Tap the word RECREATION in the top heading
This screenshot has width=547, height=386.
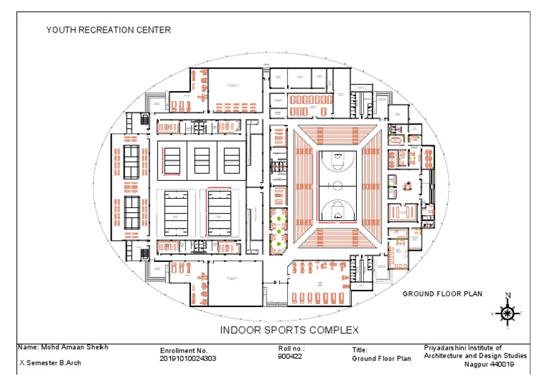[x=108, y=30]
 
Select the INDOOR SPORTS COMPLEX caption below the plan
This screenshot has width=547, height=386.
[x=289, y=330]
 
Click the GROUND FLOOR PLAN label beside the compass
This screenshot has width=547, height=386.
[x=442, y=293]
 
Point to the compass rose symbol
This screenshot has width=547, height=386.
[x=507, y=313]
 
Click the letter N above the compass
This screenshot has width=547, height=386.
[x=507, y=296]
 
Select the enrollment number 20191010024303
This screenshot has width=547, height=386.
[x=189, y=358]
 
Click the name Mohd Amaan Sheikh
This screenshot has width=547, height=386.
[x=63, y=348]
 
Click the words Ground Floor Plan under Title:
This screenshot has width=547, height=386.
[x=382, y=359]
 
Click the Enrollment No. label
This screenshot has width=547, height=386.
[x=184, y=350]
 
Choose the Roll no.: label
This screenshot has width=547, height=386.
[x=290, y=350]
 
